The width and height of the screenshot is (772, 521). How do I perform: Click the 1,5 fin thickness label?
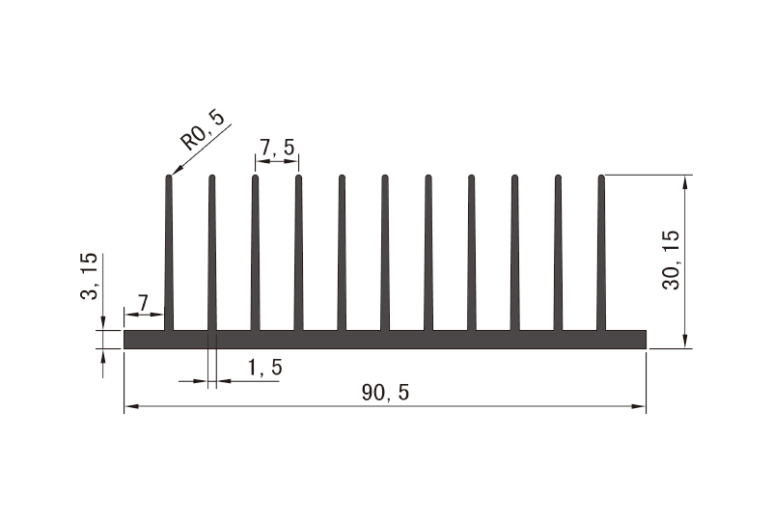coord(264,368)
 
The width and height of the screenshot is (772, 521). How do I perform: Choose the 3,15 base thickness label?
coord(89,277)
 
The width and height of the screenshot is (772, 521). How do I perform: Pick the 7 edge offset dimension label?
coord(143,303)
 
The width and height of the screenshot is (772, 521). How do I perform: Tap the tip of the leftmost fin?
coord(169,178)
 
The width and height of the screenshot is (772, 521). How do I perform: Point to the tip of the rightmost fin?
coord(601,178)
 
